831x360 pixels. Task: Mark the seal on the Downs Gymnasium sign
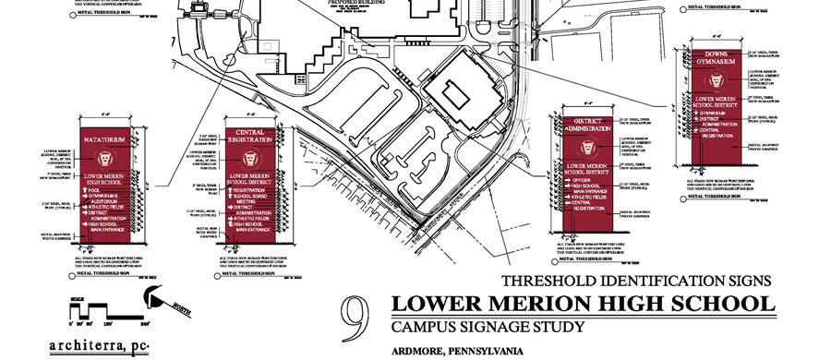pyautogui.click(x=718, y=80)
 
